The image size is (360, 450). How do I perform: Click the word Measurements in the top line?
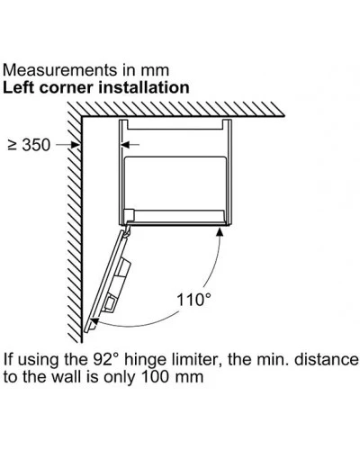[60, 70]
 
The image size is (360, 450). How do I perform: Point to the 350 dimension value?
[37, 145]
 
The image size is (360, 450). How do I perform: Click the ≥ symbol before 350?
[13, 145]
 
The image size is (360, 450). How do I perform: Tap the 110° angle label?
[193, 300]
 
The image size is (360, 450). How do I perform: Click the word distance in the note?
[326, 359]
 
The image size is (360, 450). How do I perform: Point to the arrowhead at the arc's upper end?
[220, 232]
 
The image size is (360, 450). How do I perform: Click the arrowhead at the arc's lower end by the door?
[94, 322]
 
